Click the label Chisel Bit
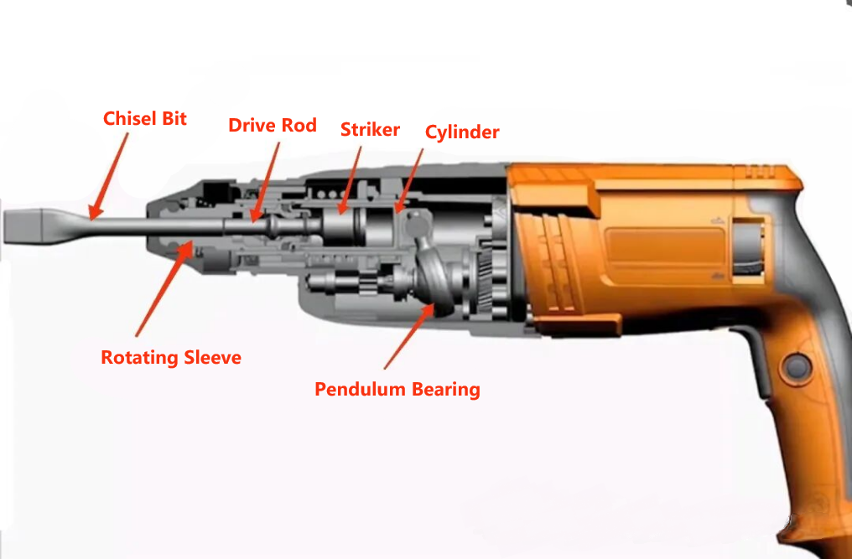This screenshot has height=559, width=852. pos(144,119)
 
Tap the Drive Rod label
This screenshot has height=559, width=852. pos(273,126)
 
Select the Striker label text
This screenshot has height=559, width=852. pos(370,130)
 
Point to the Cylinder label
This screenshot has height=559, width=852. pos(462,132)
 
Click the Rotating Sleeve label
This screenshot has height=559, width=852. pos(171,358)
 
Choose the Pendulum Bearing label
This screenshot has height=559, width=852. pos(397,390)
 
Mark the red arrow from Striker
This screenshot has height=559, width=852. pos(351,176)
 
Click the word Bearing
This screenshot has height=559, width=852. pos(445,390)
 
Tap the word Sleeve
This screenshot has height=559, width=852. pos(210,358)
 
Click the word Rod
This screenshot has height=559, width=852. pos(300,126)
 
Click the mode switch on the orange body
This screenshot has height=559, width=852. pos(751,246)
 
